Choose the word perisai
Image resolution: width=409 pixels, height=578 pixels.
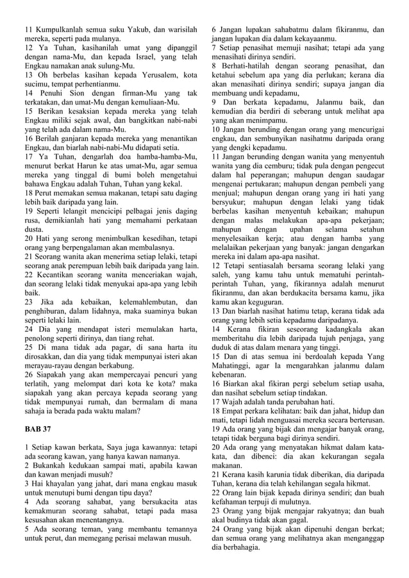pos(131,538)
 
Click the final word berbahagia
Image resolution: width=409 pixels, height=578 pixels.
pos(246,547)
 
